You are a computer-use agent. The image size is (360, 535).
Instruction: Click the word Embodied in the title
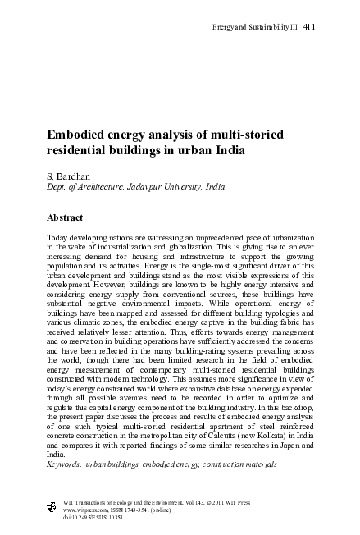[x=75, y=135]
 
